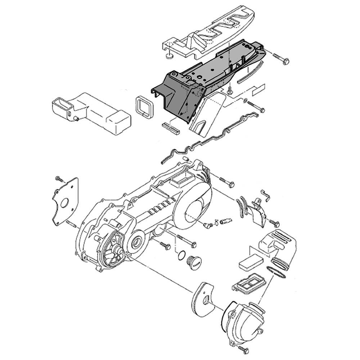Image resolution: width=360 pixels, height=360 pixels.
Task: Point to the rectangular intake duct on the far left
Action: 90,112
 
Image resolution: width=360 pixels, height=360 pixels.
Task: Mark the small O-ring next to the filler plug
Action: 182,256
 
